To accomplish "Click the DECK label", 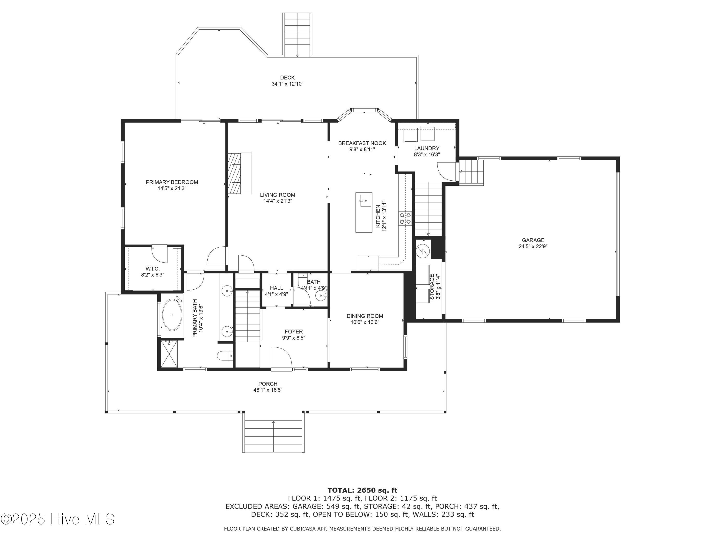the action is [x=287, y=78].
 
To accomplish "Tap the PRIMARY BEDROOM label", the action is [x=172, y=182].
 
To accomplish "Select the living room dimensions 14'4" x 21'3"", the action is [x=278, y=201].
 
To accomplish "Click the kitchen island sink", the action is [x=365, y=200].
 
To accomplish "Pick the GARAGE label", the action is [x=533, y=240].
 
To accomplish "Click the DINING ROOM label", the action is [x=365, y=316].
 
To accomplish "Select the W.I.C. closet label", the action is [x=152, y=269].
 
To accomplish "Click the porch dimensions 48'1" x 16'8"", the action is [x=268, y=390].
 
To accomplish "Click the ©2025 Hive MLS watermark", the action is [x=58, y=519].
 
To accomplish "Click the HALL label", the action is [x=276, y=288].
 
